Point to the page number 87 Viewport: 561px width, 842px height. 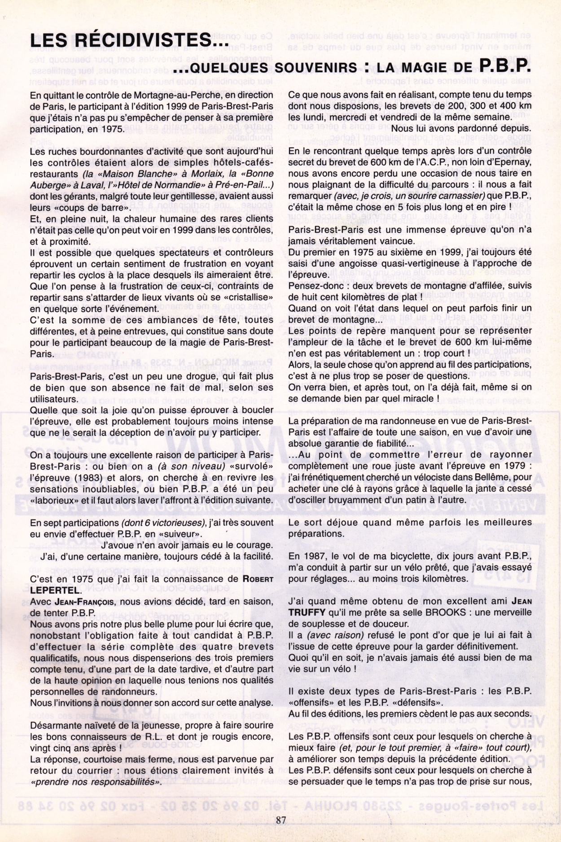point(281,820)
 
